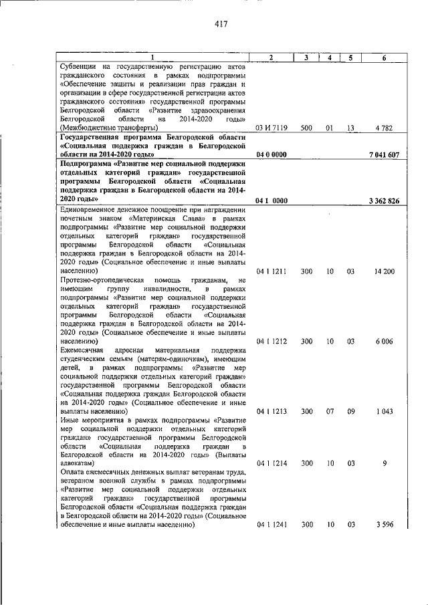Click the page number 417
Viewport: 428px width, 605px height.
(222, 25)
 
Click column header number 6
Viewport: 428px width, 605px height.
(384, 58)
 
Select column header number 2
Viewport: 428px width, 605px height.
(272, 58)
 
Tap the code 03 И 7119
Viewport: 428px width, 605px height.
(272, 127)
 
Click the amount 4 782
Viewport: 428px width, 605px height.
(384, 127)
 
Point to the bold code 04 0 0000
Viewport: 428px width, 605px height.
(272, 155)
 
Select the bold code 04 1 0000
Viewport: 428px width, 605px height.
(272, 201)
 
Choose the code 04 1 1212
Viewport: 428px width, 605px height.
(272, 342)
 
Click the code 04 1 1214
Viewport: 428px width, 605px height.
(272, 463)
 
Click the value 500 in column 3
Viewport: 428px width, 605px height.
(306, 127)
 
